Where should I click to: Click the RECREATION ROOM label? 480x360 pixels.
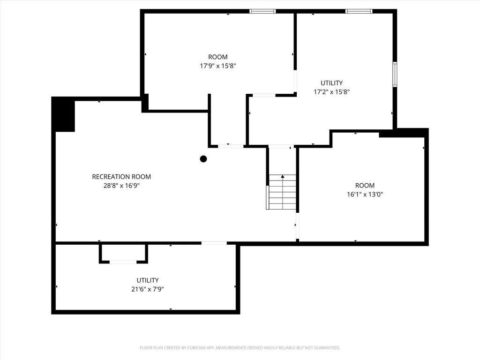tap(121, 177)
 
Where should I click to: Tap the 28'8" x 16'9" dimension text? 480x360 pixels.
tap(121, 186)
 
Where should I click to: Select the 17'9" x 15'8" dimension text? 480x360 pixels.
tap(218, 66)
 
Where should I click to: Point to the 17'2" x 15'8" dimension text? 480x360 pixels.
tap(331, 91)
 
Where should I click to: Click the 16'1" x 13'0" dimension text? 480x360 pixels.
tap(365, 194)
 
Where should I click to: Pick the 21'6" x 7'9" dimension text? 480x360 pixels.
tap(148, 289)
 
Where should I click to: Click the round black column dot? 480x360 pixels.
tap(203, 158)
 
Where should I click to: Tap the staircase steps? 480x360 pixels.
tap(282, 192)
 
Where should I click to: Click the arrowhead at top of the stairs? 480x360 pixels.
tap(283, 176)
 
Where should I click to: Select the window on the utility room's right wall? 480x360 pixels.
tap(395, 75)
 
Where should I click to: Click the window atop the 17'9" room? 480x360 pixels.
tap(262, 11)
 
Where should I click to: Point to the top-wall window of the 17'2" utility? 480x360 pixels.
tap(359, 11)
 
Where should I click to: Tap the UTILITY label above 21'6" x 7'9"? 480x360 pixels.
tap(148, 280)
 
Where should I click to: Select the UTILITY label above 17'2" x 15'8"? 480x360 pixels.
tap(331, 82)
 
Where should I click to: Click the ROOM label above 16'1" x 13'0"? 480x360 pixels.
tap(365, 185)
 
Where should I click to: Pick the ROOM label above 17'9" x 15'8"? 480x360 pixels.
tap(218, 57)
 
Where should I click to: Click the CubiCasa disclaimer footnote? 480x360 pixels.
tap(240, 348)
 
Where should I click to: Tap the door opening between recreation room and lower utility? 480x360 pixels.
tap(214, 243)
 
